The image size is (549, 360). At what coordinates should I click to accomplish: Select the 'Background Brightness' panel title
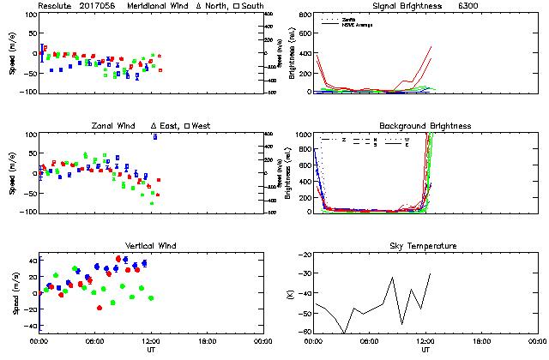pos(425,126)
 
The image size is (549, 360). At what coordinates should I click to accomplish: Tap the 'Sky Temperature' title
pos(425,246)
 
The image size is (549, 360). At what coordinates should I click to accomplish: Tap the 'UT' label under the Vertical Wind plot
pos(151,349)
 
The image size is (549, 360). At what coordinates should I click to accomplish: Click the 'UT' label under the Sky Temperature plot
pos(425,349)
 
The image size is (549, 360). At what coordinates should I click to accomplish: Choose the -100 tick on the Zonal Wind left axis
pos(27,212)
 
